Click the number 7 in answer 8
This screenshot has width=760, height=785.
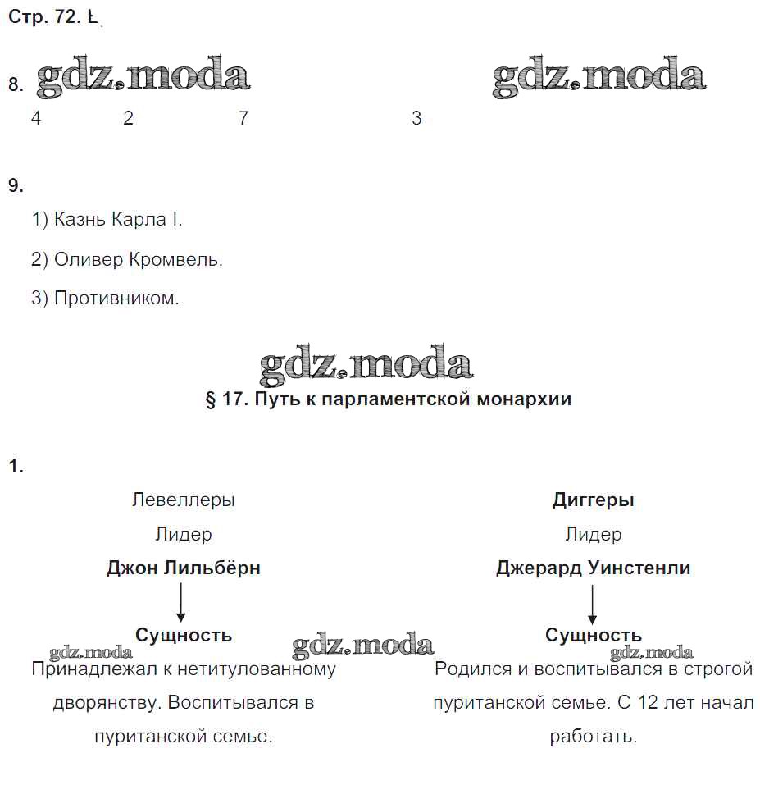click(x=243, y=118)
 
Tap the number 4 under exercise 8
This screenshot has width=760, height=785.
click(x=36, y=118)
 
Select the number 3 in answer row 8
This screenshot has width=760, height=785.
click(x=416, y=118)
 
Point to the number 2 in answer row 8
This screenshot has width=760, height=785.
click(x=128, y=118)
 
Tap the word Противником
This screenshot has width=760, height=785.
click(x=116, y=299)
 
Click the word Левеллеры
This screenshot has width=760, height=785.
click(x=184, y=500)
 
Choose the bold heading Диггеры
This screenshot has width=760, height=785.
click(x=594, y=500)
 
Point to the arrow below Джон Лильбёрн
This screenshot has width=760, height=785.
click(x=181, y=602)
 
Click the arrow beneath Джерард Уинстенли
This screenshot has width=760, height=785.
click(x=591, y=602)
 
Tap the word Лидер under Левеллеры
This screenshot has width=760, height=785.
click(x=184, y=534)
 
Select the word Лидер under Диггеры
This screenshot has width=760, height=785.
click(x=594, y=534)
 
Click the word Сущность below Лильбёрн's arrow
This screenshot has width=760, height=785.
click(x=184, y=635)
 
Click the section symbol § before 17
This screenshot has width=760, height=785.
click(x=211, y=399)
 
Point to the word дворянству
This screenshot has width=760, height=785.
click(x=100, y=703)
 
